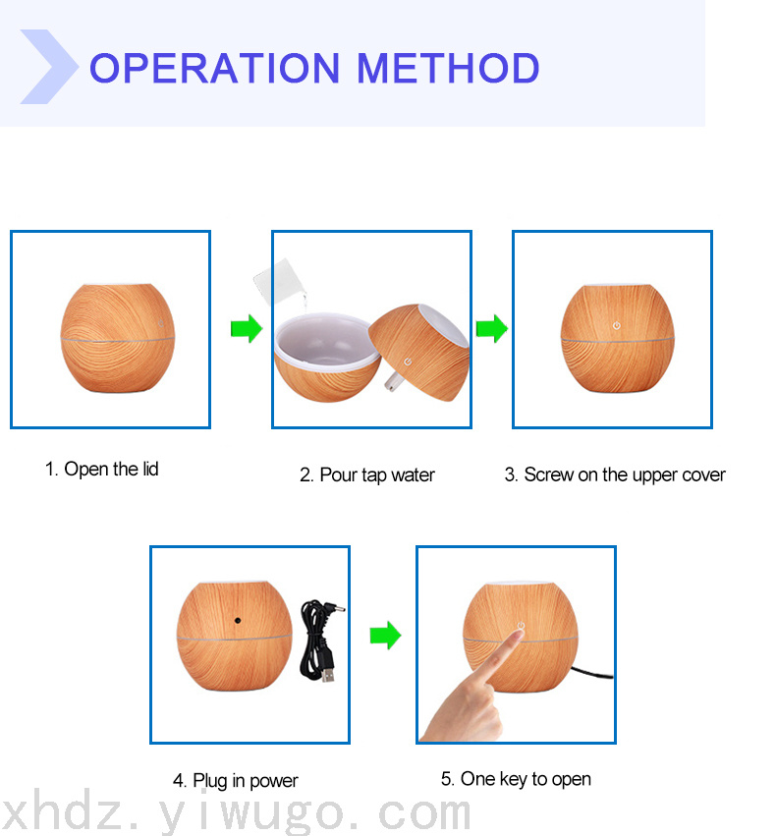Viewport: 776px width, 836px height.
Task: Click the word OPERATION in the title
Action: pyautogui.click(x=215, y=68)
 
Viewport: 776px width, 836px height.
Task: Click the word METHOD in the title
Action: pyautogui.click(x=448, y=68)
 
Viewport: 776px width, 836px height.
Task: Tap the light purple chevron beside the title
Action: pyautogui.click(x=49, y=67)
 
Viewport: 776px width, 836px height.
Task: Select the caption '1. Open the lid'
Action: pyautogui.click(x=102, y=470)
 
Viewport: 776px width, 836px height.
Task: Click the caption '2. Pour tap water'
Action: pyautogui.click(x=367, y=475)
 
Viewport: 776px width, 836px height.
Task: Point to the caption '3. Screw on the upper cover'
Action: pyautogui.click(x=615, y=475)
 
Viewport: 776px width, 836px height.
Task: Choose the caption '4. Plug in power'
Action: pyautogui.click(x=235, y=781)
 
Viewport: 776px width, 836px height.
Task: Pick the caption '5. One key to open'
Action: pyautogui.click(x=516, y=779)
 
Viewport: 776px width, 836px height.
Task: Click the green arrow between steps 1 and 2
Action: pyautogui.click(x=247, y=328)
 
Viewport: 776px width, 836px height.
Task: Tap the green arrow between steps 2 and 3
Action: pyautogui.click(x=492, y=328)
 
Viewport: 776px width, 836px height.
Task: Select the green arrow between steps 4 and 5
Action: pyautogui.click(x=385, y=635)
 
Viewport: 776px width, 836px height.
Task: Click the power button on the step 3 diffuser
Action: pyautogui.click(x=617, y=325)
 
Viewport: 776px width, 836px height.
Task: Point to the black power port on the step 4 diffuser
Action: pyautogui.click(x=238, y=621)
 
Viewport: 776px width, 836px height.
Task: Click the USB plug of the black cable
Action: pyautogui.click(x=328, y=674)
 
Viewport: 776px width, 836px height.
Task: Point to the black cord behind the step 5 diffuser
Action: pyautogui.click(x=592, y=672)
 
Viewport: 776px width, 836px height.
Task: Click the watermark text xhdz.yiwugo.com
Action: pyautogui.click(x=235, y=812)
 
